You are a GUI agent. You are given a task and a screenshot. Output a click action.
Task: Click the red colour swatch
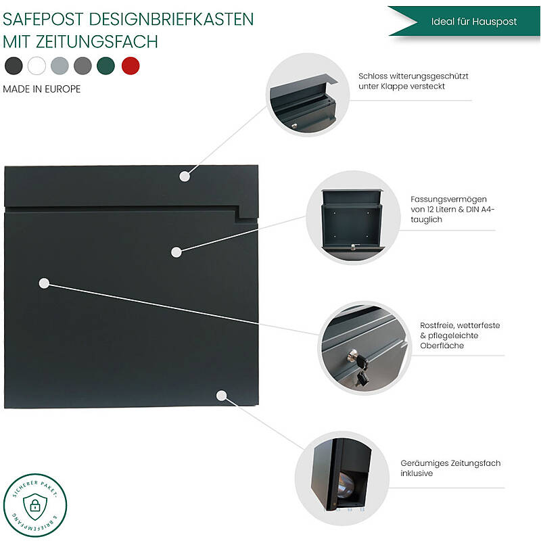pyautogui.click(x=131, y=66)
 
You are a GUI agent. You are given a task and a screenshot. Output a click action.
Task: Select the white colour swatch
pyautogui.click(x=37, y=66)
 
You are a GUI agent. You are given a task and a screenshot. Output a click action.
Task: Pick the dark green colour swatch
pyautogui.click(x=105, y=66)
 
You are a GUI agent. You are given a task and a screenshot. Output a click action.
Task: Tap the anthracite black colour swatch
pyautogui.click(x=14, y=66)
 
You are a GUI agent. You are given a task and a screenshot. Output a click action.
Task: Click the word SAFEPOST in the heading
pyautogui.click(x=43, y=20)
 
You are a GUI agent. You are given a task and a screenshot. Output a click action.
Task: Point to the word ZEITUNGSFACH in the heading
pyautogui.click(x=97, y=42)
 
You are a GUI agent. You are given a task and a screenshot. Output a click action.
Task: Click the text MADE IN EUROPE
pyautogui.click(x=42, y=89)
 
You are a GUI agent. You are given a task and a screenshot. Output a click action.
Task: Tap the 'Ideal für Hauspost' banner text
pyautogui.click(x=474, y=22)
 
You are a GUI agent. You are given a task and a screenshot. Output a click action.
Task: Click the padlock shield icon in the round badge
pyautogui.click(x=35, y=506)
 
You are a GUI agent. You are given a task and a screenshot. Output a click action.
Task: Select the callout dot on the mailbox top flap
pyautogui.click(x=185, y=177)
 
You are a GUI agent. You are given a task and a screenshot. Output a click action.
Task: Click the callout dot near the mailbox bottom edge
pyautogui.click(x=222, y=396)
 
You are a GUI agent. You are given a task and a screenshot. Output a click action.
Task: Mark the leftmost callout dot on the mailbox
pyautogui.click(x=44, y=283)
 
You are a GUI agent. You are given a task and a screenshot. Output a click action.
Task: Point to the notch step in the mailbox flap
pyautogui.click(x=246, y=214)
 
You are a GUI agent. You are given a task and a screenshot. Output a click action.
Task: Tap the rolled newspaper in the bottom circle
pyautogui.click(x=345, y=486)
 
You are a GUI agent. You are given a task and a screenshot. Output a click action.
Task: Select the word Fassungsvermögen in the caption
pyautogui.click(x=448, y=199)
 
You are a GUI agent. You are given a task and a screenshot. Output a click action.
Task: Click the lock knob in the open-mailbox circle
pyautogui.click(x=353, y=246)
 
